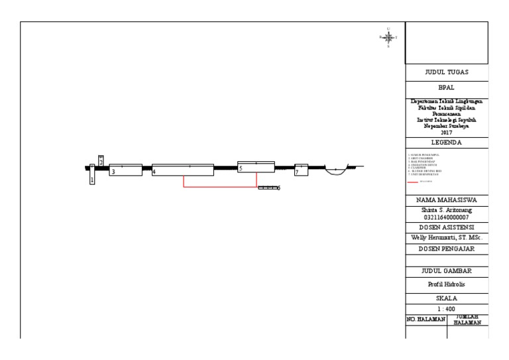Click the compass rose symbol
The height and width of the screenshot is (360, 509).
(x=388, y=37)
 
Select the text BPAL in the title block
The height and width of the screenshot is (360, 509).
(x=447, y=87)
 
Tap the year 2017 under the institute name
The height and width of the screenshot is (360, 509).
(x=447, y=133)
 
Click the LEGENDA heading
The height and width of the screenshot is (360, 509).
(x=447, y=143)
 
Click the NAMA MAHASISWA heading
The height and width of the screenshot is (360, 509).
(x=447, y=200)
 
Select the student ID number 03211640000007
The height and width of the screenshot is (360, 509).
(x=447, y=217)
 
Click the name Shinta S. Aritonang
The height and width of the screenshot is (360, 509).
(x=447, y=210)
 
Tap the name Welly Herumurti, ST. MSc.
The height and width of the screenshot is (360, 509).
(x=447, y=237)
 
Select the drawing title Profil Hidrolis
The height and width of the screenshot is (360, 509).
(x=447, y=284)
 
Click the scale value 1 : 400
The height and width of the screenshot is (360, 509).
(x=447, y=308)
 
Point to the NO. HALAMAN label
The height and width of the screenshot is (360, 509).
(x=425, y=320)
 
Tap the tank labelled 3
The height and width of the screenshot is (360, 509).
(x=125, y=169)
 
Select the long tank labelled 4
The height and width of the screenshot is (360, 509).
(x=183, y=170)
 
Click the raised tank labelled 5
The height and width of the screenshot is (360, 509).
(x=256, y=168)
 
